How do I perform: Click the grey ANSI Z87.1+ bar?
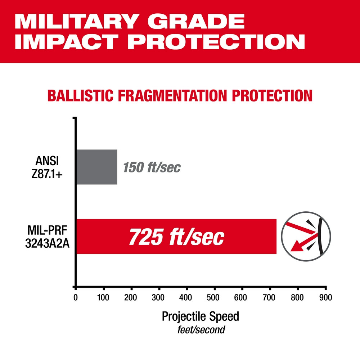pyautogui.click(x=96, y=167)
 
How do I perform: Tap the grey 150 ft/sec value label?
pyautogui.click(x=152, y=167)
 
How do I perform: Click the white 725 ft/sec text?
pyautogui.click(x=176, y=237)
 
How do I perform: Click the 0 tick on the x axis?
pyautogui.click(x=76, y=298)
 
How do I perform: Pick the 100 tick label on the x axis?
pyautogui.click(x=104, y=298)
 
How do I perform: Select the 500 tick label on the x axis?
pyautogui.click(x=215, y=298)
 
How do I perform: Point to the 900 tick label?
pyautogui.click(x=325, y=298)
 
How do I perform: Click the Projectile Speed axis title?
pyautogui.click(x=200, y=316)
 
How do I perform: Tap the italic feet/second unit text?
pyautogui.click(x=201, y=329)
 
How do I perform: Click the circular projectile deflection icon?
pyautogui.click(x=306, y=236)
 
